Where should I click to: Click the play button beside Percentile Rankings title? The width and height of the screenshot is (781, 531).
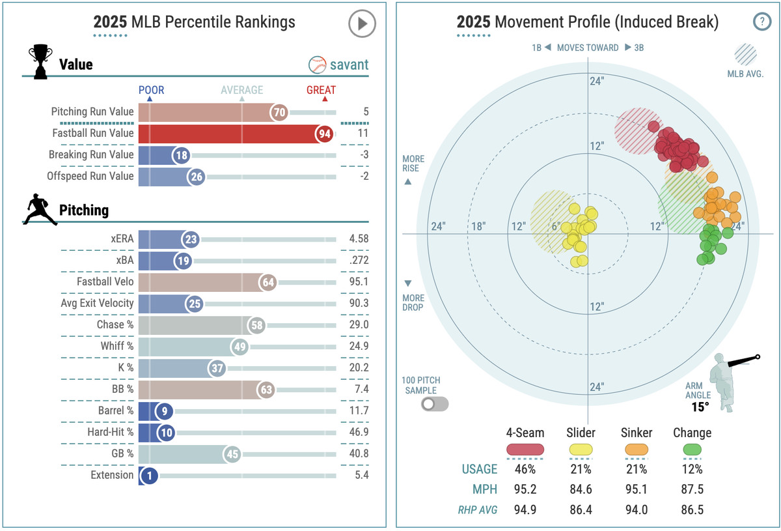coord(362,24)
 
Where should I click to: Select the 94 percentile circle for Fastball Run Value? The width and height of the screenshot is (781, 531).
coord(323,134)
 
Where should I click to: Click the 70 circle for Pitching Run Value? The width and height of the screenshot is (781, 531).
coord(279,113)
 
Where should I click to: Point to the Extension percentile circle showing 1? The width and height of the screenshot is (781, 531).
coord(149,476)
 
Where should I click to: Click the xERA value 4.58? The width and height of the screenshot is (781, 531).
coord(359,238)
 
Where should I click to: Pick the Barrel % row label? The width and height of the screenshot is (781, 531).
coord(112,410)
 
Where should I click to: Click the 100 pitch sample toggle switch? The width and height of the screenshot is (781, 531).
coord(434,404)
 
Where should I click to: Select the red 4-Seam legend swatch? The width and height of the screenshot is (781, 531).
coord(525,450)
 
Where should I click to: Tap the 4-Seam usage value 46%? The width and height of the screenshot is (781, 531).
coord(525,469)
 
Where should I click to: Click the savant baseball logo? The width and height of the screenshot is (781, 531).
coord(317,65)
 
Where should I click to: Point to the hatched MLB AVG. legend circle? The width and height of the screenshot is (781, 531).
coord(745,53)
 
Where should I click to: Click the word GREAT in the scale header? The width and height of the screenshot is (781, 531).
coord(321,90)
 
